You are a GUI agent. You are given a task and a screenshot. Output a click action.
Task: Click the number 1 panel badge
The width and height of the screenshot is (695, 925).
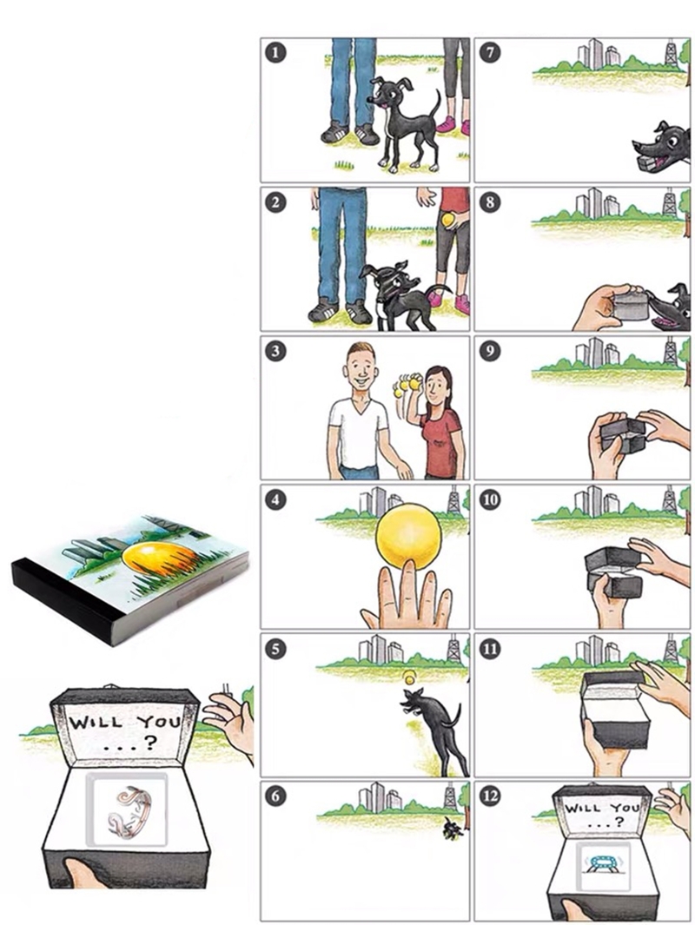(x=275, y=53)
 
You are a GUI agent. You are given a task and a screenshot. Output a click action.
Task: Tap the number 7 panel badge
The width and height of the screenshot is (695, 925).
(x=490, y=53)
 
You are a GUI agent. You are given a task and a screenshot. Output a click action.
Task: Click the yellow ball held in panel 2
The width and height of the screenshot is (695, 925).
(x=447, y=220)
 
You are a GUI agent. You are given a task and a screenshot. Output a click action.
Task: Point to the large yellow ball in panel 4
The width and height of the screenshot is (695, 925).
(x=408, y=536)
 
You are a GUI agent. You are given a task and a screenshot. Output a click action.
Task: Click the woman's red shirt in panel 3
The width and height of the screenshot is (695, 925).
(x=440, y=439)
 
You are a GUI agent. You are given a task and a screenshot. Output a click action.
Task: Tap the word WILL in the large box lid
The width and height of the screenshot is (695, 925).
(x=96, y=722)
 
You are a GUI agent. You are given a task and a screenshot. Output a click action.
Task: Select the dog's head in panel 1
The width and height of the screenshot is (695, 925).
(x=384, y=93)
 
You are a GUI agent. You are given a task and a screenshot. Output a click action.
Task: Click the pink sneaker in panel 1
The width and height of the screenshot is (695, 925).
(x=447, y=124)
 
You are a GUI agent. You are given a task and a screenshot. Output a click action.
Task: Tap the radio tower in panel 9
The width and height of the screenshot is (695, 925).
(x=670, y=351)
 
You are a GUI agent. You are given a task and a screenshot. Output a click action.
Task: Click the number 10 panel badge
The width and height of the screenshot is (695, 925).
(x=490, y=499)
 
